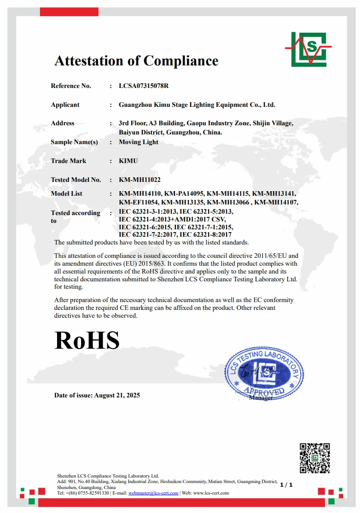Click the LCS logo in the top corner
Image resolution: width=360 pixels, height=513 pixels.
tap(308, 49)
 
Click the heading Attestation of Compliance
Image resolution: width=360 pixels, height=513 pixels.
tap(136, 61)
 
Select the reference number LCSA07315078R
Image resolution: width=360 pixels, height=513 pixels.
tap(144, 86)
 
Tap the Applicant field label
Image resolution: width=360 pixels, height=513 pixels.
tap(65, 105)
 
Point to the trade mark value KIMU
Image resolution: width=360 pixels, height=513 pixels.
tap(128, 161)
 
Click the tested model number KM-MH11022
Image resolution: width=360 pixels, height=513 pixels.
tap(139, 180)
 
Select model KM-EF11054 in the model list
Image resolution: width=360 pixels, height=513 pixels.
tap(139, 202)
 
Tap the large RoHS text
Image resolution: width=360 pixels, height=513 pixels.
tap(87, 341)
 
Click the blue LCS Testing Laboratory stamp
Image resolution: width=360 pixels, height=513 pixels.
tap(264, 373)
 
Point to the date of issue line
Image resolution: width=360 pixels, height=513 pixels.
tap(97, 395)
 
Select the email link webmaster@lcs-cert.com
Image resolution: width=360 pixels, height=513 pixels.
tap(153, 493)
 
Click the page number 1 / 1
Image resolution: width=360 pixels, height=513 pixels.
tap(286, 484)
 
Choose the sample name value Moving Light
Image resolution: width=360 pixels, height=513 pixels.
tap(138, 142)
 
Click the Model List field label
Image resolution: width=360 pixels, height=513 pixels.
tap(67, 194)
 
